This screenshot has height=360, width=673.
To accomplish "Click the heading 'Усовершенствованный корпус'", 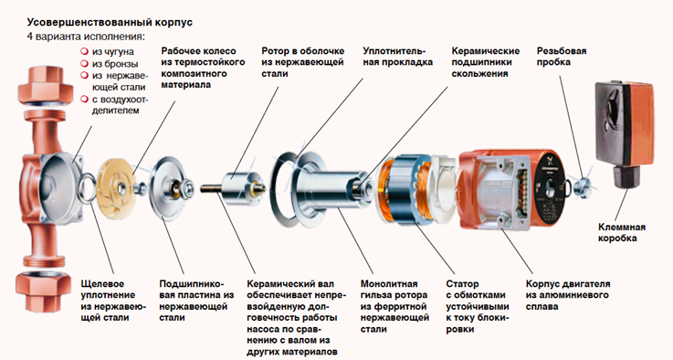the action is [x=110, y=22].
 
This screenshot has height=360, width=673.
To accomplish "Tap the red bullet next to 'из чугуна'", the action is [x=84, y=51].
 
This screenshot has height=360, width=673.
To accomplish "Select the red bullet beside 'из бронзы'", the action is [x=84, y=64].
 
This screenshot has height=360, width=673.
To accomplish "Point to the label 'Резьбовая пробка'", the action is [x=562, y=57].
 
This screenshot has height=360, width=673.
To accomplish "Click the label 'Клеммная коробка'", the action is [x=622, y=232].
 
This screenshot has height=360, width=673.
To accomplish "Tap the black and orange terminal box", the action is [x=625, y=133].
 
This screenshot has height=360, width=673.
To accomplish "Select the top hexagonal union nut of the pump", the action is [x=44, y=87].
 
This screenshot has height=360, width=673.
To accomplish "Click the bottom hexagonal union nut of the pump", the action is [x=43, y=290].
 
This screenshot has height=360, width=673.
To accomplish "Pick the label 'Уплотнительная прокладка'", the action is [x=397, y=57].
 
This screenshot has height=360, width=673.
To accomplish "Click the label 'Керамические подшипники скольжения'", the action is [x=486, y=62].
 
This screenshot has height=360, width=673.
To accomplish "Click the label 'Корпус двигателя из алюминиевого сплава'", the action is [x=568, y=295].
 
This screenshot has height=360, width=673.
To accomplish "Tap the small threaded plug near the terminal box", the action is [x=582, y=186].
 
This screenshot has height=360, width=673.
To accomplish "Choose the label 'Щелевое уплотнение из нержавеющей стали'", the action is [x=113, y=301].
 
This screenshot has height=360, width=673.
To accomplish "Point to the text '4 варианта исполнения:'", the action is [x=86, y=36].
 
